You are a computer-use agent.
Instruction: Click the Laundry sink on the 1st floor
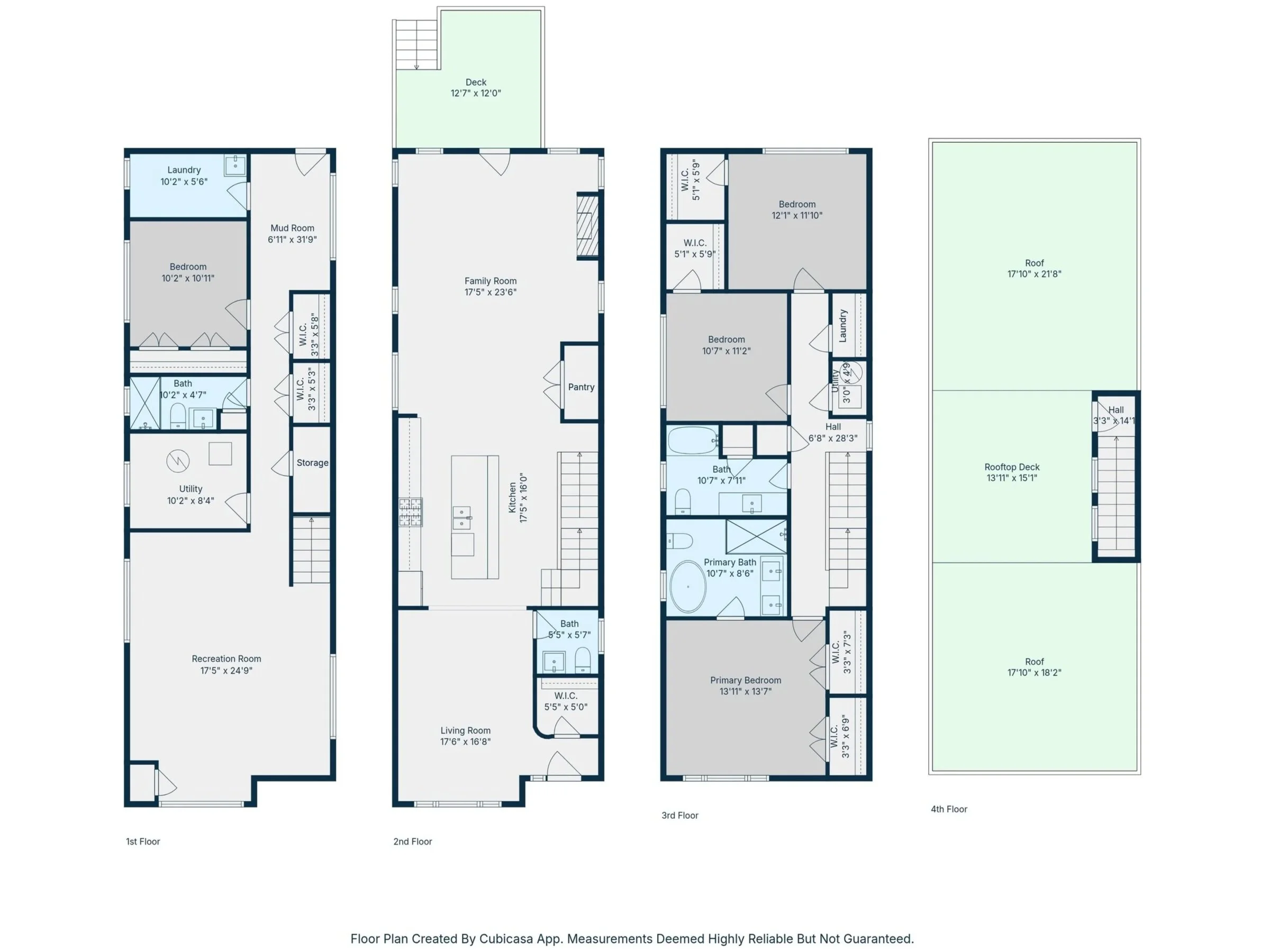coord(235,164)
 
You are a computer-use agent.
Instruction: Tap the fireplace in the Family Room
coord(587,225)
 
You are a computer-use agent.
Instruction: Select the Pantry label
coord(581,387)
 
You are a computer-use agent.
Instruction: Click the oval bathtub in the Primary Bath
coord(688,587)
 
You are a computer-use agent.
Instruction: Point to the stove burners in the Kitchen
coord(411,512)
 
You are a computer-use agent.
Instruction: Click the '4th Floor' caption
coord(949,809)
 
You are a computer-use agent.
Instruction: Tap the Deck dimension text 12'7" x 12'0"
coord(476,93)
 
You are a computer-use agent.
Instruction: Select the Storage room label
coord(312,463)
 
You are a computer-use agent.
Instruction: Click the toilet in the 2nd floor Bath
coord(582,660)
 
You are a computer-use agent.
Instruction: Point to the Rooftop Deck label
coord(1012,467)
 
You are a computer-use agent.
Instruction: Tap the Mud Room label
coord(292,228)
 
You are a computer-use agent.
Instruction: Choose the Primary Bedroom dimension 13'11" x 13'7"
coord(745,691)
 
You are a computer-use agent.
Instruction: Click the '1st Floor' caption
coord(143,842)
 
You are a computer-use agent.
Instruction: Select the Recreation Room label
coord(226,659)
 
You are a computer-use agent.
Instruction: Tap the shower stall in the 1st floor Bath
coord(144,403)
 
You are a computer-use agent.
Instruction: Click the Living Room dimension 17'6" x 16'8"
coord(465,742)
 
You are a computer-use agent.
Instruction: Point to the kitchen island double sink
coord(461,518)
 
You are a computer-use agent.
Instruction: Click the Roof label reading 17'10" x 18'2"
coord(1034,673)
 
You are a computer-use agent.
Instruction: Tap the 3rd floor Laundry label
coord(843,326)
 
